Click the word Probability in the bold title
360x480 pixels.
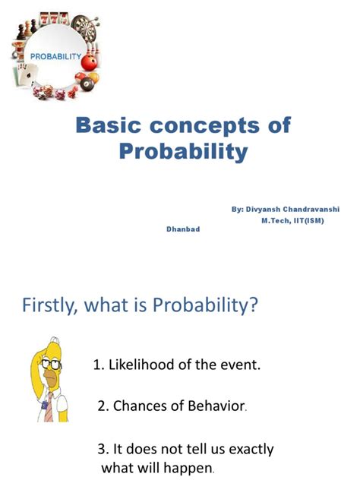(x=183, y=151)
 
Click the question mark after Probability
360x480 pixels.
(x=254, y=306)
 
